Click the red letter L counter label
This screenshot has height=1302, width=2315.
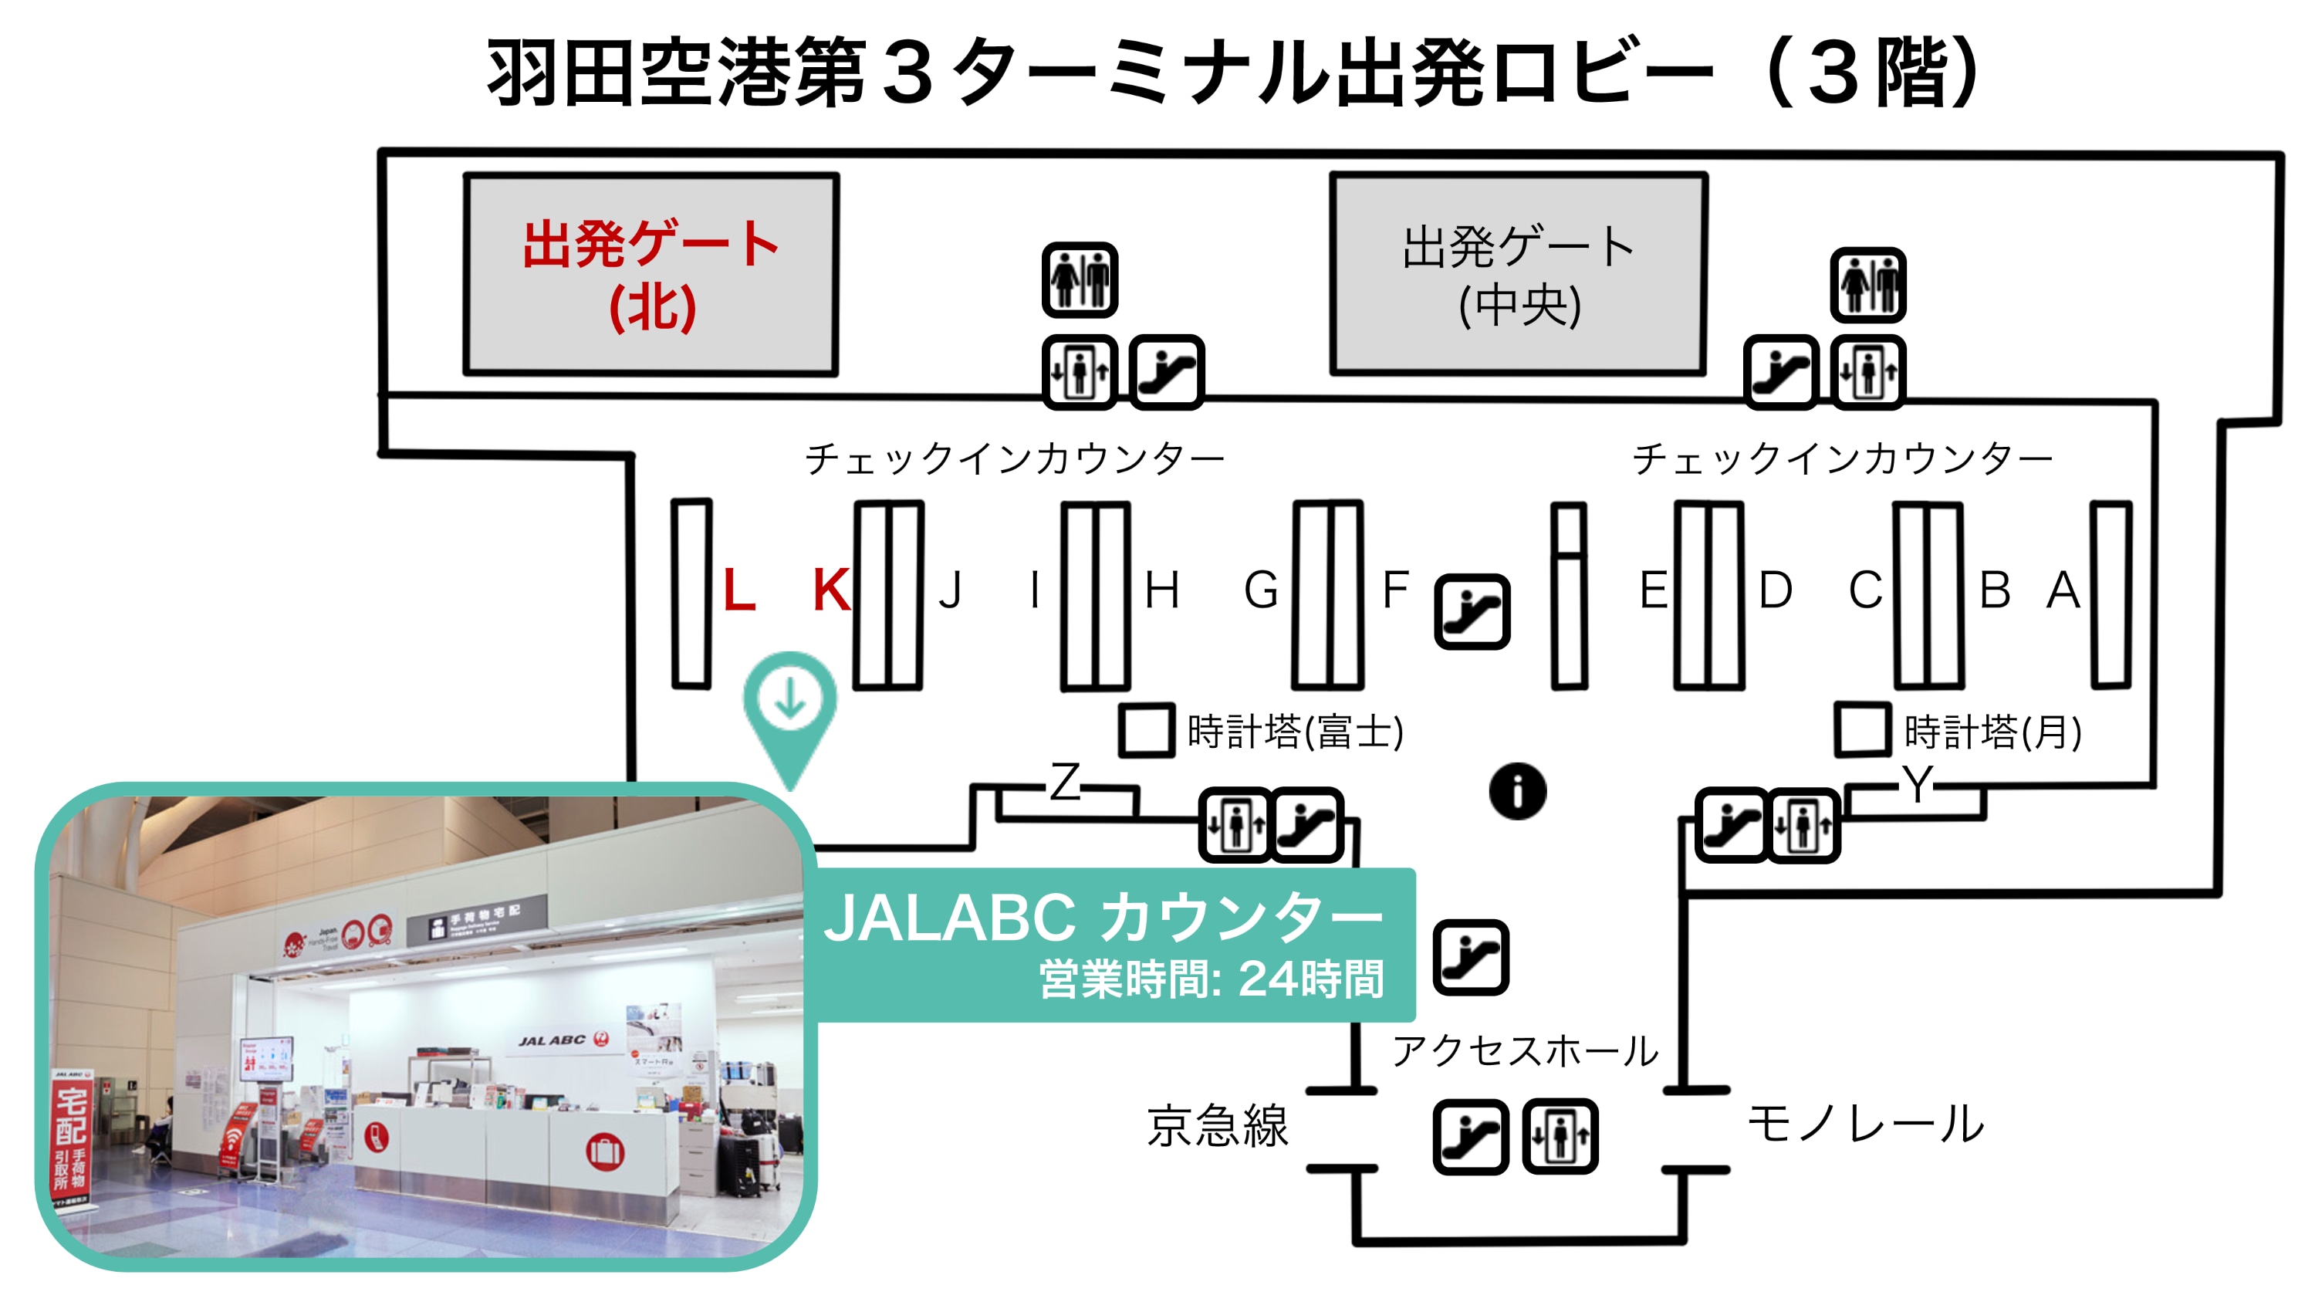738,590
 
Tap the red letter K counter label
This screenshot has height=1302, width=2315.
831,590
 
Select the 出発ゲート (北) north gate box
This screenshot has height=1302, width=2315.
651,275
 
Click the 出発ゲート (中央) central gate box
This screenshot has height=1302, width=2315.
1519,275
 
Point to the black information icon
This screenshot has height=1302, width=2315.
1518,792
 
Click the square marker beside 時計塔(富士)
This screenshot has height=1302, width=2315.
1147,731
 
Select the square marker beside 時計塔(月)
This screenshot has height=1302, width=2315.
1862,731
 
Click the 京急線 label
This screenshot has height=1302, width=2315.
1218,1127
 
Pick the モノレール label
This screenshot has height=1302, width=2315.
1866,1124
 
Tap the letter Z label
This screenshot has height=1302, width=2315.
1066,783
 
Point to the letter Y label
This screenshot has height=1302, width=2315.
1917,784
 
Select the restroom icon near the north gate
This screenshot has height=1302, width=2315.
1080,280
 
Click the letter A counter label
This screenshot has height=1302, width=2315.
2063,590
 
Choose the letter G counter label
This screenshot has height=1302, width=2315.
1261,590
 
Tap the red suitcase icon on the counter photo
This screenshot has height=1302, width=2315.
605,1151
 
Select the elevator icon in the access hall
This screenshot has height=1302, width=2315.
1560,1137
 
